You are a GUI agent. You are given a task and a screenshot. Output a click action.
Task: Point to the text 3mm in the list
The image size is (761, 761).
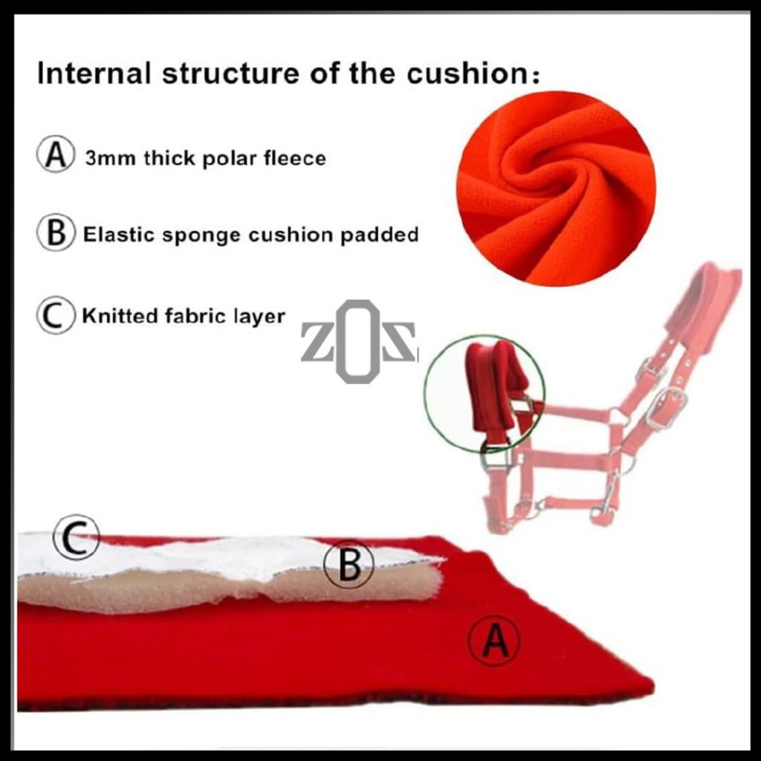[109, 158]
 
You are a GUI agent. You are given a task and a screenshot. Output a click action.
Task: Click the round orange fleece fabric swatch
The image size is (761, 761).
[556, 187]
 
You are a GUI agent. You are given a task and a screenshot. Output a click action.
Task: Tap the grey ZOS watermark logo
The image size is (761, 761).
[358, 342]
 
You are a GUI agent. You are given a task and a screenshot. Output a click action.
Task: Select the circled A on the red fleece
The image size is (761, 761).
[493, 641]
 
